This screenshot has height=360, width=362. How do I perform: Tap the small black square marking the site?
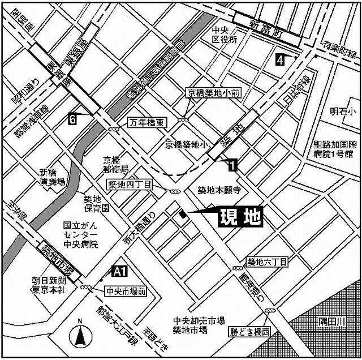click(182, 214)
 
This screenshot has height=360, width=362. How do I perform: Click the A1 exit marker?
click(119, 272)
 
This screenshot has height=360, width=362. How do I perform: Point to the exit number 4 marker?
click(280, 59)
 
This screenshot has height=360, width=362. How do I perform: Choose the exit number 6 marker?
click(72, 118)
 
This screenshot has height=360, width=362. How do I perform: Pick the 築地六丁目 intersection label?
click(268, 262)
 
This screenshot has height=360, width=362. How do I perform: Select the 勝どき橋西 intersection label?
click(251, 331)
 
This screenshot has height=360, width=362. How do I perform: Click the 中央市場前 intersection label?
click(126, 292)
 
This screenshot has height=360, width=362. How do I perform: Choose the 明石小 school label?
click(341, 111)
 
